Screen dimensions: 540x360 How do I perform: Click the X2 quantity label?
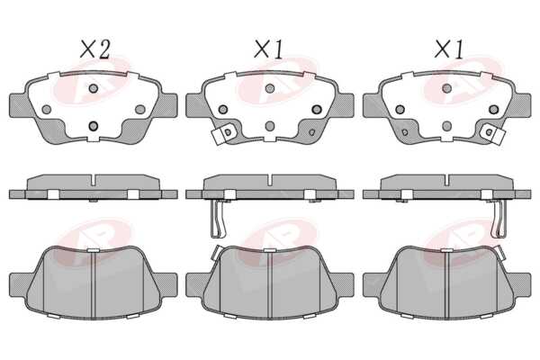(95, 49)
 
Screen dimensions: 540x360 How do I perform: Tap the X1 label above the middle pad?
(268, 49)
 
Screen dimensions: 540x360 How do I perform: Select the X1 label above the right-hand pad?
(449, 49)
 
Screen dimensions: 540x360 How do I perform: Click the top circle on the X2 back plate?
(94, 88)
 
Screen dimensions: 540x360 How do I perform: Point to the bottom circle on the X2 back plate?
(94, 126)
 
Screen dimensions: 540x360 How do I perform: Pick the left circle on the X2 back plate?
(47, 110)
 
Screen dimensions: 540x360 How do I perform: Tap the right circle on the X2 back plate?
(140, 110)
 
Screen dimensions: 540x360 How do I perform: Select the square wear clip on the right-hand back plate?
(493, 135)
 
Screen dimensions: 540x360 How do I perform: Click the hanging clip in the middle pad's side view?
(219, 219)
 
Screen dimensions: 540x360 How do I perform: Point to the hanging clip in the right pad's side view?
(499, 219)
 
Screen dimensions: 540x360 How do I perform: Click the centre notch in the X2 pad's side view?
(94, 179)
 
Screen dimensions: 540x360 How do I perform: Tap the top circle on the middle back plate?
(270, 88)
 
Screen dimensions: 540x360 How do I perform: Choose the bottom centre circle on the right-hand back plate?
(446, 126)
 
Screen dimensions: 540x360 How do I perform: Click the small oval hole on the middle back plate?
(312, 132)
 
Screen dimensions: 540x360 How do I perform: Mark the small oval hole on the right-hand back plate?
(405, 132)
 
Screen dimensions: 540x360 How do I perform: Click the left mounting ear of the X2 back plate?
(19, 105)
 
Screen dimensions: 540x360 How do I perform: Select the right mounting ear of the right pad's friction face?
(520, 284)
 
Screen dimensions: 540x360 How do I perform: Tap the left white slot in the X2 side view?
(53, 194)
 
